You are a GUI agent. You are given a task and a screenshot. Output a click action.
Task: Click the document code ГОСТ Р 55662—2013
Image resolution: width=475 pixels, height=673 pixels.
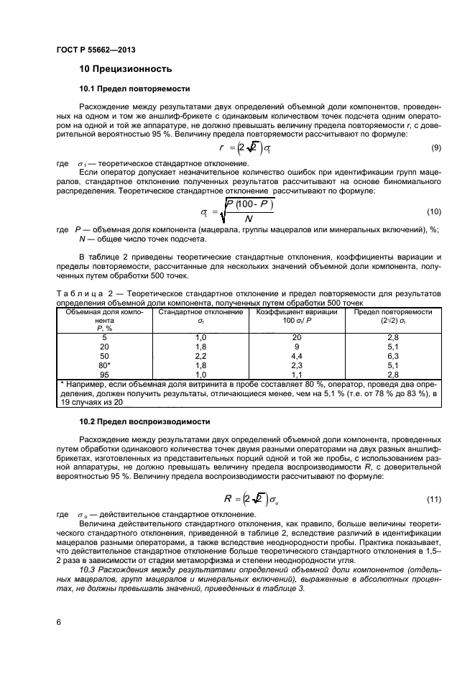(96, 49)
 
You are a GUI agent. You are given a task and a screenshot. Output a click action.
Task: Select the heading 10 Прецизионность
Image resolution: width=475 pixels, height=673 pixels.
(125, 70)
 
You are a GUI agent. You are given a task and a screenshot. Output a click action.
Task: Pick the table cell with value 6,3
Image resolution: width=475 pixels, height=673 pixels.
(392, 355)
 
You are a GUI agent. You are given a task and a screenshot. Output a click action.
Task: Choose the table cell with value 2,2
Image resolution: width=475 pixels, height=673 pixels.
(201, 355)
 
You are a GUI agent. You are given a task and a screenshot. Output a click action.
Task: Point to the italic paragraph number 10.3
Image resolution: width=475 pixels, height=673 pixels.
(88, 569)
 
